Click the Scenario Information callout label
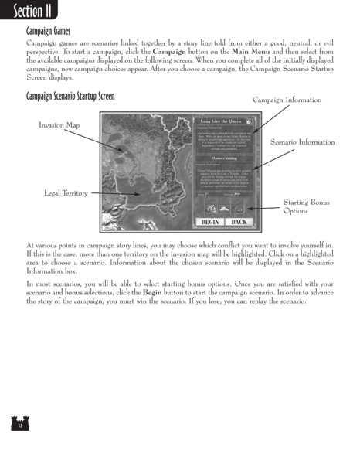click(302, 143)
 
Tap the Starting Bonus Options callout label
click(301, 206)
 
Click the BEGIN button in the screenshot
click(209, 222)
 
